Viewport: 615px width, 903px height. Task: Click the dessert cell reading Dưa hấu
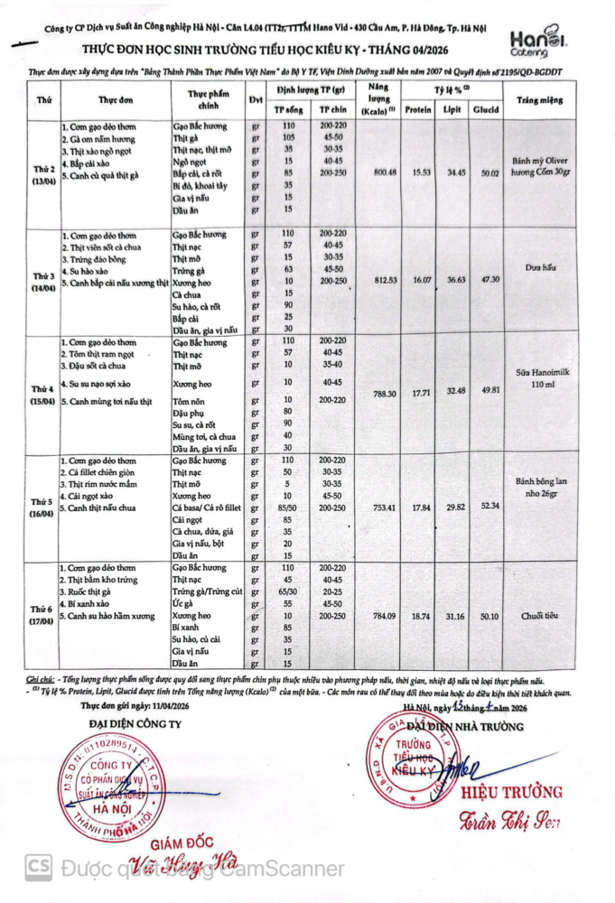pyautogui.click(x=537, y=267)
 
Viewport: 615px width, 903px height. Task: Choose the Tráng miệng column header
pyautogui.click(x=537, y=99)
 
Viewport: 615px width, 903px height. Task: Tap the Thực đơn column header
pyautogui.click(x=115, y=99)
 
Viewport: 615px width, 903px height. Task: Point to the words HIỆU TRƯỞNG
pyautogui.click(x=511, y=793)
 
